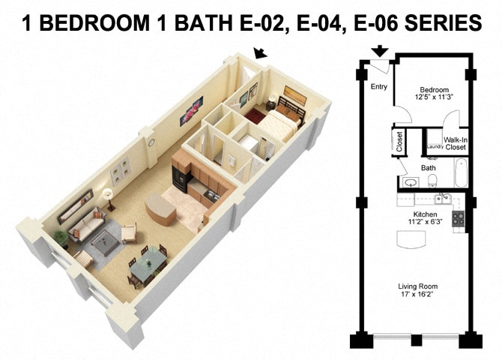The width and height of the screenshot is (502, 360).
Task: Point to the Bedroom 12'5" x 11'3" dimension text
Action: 434,91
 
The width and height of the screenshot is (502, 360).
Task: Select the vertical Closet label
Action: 399,142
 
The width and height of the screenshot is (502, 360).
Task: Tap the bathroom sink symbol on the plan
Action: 409,182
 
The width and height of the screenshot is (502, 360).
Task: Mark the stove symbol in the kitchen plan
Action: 459,218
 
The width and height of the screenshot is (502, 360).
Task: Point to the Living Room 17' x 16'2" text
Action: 419,290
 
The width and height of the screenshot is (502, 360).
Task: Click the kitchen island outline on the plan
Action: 411,239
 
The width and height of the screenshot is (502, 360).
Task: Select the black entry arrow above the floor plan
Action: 380,51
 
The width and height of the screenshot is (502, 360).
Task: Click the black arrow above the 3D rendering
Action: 261,52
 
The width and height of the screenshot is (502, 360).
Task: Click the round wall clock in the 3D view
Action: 151,142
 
